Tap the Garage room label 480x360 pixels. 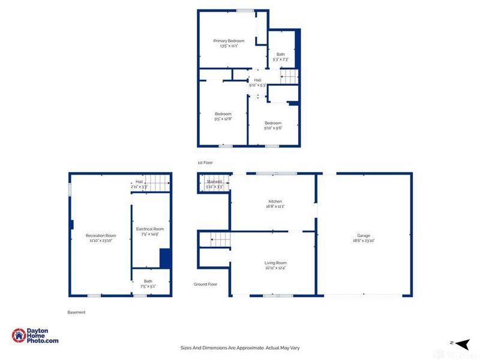pos(364,236)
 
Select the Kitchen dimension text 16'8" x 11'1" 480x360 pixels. pos(275,206)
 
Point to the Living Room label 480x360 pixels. pos(275,263)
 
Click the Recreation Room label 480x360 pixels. pos(101,236)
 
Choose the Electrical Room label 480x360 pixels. pos(150,229)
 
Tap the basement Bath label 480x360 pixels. pos(148,281)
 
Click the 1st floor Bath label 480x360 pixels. pos(281,55)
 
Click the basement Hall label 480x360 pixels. pos(139,182)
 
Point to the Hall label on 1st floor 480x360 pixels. pos(257,80)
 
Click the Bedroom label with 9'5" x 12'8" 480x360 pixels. pos(223,114)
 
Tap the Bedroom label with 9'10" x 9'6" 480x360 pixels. pos(273,124)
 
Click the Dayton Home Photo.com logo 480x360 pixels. pos(35,336)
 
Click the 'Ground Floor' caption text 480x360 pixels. pos(205,284)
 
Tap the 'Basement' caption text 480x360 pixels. pos(76,312)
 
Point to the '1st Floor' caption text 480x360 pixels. pos(205,163)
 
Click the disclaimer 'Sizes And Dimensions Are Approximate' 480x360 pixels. pos(240,347)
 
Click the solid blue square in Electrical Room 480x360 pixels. pos(166,259)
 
